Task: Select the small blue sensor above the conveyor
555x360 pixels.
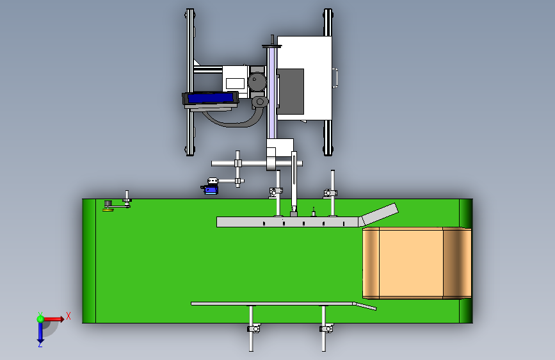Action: coord(211,186)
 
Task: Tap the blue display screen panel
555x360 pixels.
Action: coord(210,99)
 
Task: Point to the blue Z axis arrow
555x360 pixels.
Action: coord(40,332)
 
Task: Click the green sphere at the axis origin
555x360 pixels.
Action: coord(40,318)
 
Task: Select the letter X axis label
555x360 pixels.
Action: coord(68,315)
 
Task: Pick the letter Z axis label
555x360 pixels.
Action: coord(40,345)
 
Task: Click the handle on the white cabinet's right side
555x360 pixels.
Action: coord(335,76)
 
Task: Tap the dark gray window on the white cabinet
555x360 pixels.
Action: coord(292,90)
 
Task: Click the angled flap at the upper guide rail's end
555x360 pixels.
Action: coord(380,215)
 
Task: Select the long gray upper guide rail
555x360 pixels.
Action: coord(288,222)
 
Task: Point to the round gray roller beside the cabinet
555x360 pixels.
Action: coord(257,82)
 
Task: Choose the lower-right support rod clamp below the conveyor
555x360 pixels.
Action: coord(326,329)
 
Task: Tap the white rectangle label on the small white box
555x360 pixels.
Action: coord(235,83)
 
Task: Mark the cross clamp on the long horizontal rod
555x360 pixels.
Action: coord(237,163)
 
